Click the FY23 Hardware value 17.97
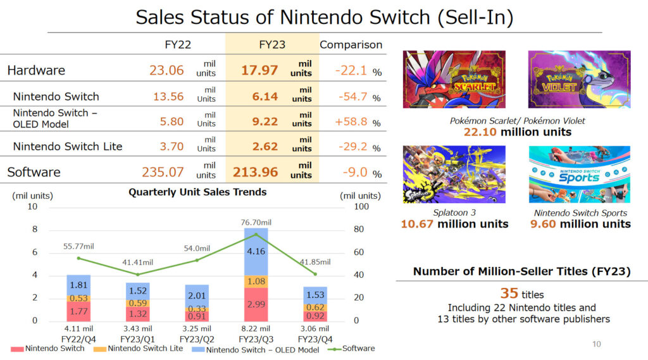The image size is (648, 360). [259, 70]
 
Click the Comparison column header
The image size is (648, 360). [351, 44]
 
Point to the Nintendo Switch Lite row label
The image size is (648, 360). [68, 146]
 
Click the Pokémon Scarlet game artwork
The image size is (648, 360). [454, 79]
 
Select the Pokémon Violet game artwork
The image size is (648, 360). [579, 79]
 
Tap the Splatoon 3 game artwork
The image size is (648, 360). [454, 174]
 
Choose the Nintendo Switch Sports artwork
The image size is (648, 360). [579, 174]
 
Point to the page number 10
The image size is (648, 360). [596, 344]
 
